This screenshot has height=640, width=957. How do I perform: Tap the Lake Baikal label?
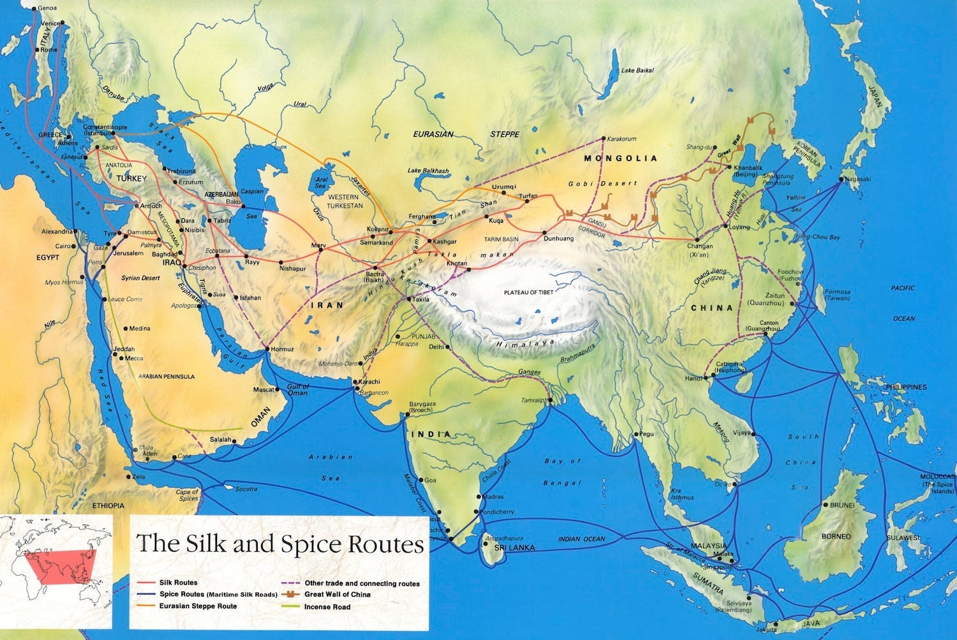637,70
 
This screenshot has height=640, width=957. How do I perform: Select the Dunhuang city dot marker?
545,233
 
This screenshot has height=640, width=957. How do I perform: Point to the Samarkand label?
376,242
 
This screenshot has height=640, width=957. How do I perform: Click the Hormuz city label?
282,349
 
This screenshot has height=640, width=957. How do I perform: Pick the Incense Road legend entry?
327,607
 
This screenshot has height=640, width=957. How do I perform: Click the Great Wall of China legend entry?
338,595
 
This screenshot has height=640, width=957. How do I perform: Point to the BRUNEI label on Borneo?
842,505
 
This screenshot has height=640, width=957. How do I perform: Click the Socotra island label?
246,489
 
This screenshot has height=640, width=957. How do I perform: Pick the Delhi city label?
436,347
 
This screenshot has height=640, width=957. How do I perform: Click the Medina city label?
140,329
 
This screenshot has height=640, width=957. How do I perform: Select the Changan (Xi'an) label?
700,250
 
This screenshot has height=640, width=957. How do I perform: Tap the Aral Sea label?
320,184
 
